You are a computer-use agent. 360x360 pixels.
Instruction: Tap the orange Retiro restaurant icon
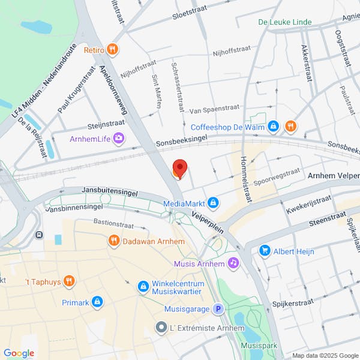pyautogui.click(x=112, y=49)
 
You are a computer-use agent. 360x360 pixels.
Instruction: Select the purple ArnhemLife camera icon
pyautogui.click(x=119, y=139)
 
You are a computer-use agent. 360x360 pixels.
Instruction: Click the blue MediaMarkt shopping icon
pyautogui.click(x=212, y=203)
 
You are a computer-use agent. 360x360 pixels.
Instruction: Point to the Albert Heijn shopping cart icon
pyautogui.click(x=265, y=251)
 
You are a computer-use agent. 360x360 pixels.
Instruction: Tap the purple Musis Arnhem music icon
pyautogui.click(x=233, y=263)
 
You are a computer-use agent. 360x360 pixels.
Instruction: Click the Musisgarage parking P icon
pyautogui.click(x=219, y=309)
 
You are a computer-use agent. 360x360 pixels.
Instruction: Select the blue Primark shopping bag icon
pyautogui.click(x=97, y=302)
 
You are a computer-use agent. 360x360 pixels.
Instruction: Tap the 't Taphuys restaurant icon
pyautogui.click(x=70, y=280)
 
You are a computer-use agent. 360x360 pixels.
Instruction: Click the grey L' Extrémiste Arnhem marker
pyautogui.click(x=160, y=328)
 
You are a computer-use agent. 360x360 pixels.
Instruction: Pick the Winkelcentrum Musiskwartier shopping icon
pyautogui.click(x=143, y=286)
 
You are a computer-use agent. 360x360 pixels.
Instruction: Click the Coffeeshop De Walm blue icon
pyautogui.click(x=273, y=126)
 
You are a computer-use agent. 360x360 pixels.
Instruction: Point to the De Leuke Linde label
pyautogui.click(x=284, y=22)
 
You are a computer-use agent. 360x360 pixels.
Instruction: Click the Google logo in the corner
pyautogui.click(x=19, y=353)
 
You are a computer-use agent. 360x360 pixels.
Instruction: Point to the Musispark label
pyautogui.click(x=258, y=346)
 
